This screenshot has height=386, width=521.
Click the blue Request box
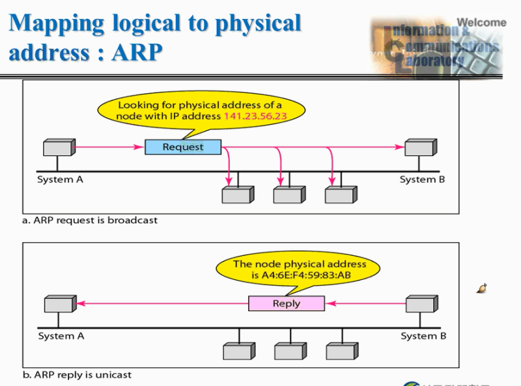183,147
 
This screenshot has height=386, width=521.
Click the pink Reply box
286,303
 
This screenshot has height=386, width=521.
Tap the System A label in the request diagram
60,180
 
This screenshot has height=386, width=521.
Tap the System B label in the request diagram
422,180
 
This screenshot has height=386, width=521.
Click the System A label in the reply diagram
61,336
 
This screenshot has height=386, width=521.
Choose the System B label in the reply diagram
423,336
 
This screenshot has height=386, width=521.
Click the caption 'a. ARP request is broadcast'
90,220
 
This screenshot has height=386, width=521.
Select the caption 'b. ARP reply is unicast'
77,375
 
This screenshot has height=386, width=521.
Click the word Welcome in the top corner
481,22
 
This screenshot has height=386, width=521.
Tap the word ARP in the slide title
136,51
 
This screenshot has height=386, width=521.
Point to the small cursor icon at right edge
482,288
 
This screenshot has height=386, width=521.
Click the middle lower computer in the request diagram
288,194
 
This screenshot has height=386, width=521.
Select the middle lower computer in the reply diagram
289,351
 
